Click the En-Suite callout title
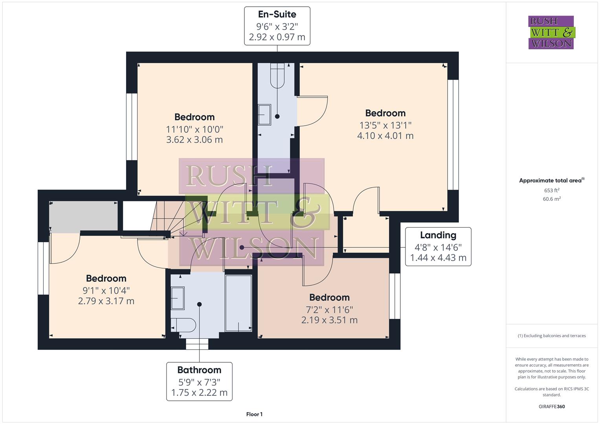point(277,15)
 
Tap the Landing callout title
point(438,235)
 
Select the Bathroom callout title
point(199,370)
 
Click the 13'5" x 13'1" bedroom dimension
point(385,125)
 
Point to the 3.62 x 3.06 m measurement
point(194,140)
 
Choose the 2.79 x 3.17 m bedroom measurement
point(106,301)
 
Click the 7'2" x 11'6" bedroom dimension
point(329,309)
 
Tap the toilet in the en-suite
point(277,77)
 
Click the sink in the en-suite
point(264,114)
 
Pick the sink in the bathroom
point(178,298)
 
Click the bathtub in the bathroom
point(238,303)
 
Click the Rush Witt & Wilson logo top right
point(551,33)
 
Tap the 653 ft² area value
point(551,190)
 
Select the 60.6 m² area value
point(551,199)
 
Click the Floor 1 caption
point(254,414)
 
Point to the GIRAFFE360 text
point(551,406)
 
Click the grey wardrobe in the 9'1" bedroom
point(83,216)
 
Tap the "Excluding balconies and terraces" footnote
point(551,336)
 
